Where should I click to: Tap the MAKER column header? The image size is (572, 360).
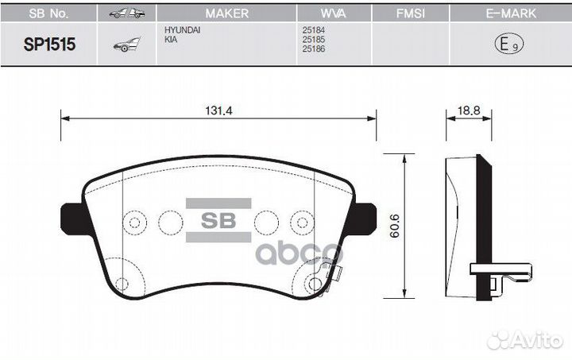[226, 14]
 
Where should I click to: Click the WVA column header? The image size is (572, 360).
[334, 14]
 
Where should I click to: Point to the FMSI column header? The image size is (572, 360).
[410, 14]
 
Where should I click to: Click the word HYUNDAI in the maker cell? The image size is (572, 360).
[183, 29]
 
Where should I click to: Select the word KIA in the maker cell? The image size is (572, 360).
[171, 38]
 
